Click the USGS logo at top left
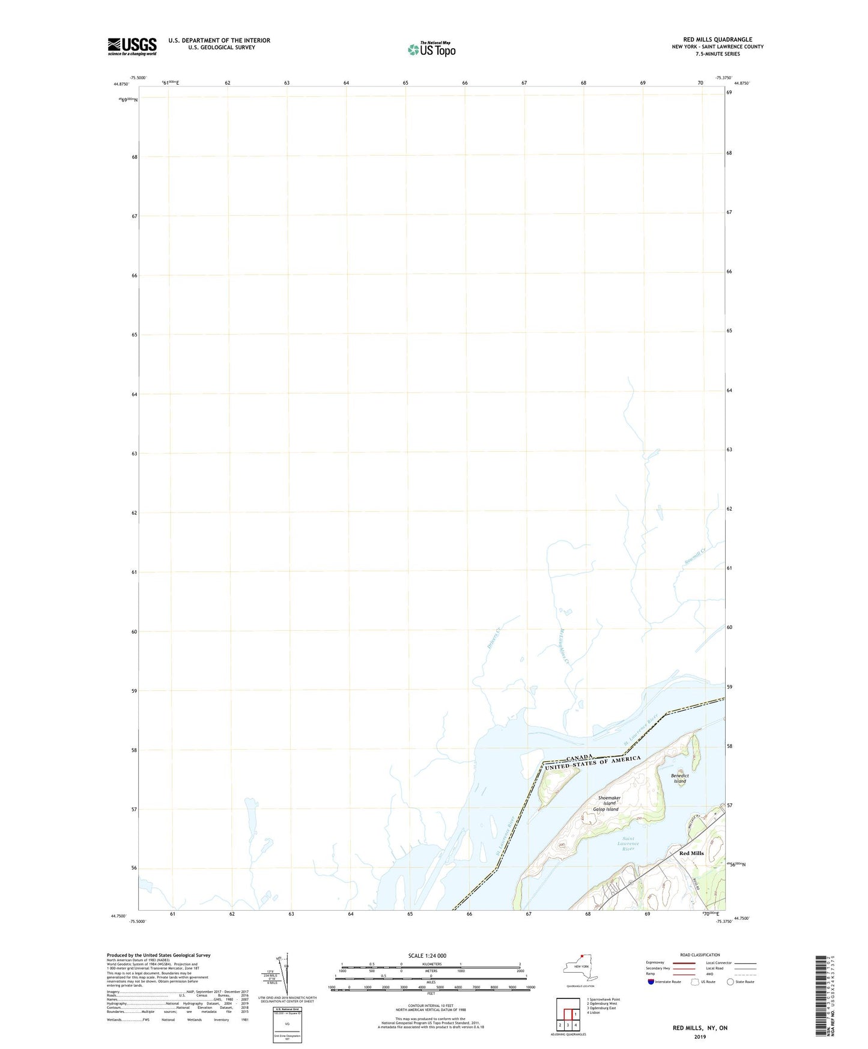point(132,46)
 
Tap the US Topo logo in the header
point(431,49)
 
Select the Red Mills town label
point(691,853)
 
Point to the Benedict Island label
point(679,778)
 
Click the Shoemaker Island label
point(609,800)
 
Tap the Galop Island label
point(605,809)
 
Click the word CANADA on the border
point(580,757)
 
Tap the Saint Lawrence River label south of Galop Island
point(628,844)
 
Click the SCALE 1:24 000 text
point(427,956)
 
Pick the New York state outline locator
point(580,968)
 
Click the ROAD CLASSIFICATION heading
point(700,955)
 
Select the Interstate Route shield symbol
point(651,982)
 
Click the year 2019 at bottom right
point(700,1036)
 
